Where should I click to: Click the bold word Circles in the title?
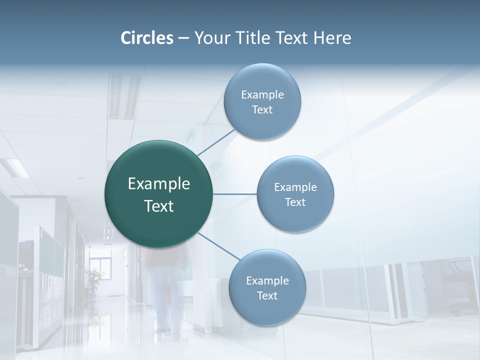pyautogui.click(x=147, y=38)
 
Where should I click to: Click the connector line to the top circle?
pyautogui.click(x=216, y=142)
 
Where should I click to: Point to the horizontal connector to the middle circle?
pyautogui.click(x=234, y=194)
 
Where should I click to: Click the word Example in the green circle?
pyautogui.click(x=159, y=184)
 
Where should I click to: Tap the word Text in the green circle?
pyautogui.click(x=159, y=206)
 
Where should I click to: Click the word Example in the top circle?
pyautogui.click(x=262, y=95)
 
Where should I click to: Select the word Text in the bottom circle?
pyautogui.click(x=267, y=296)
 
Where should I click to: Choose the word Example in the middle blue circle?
pyautogui.click(x=295, y=187)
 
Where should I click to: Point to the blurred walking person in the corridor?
pyautogui.click(x=165, y=295)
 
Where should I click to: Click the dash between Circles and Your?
pyautogui.click(x=183, y=38)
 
